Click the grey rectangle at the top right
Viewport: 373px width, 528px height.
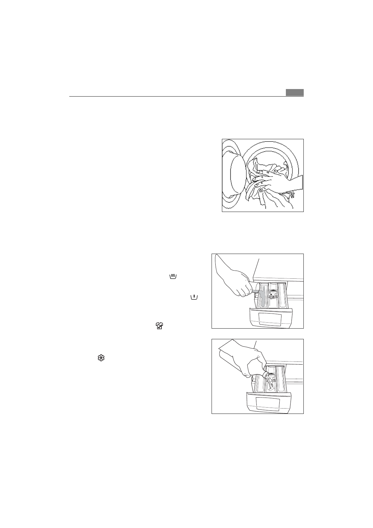295,92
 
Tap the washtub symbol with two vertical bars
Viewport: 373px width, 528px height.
173,276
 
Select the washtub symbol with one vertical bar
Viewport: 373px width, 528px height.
194,296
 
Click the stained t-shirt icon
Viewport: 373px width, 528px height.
160,326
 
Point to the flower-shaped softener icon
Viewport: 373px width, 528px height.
101,358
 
